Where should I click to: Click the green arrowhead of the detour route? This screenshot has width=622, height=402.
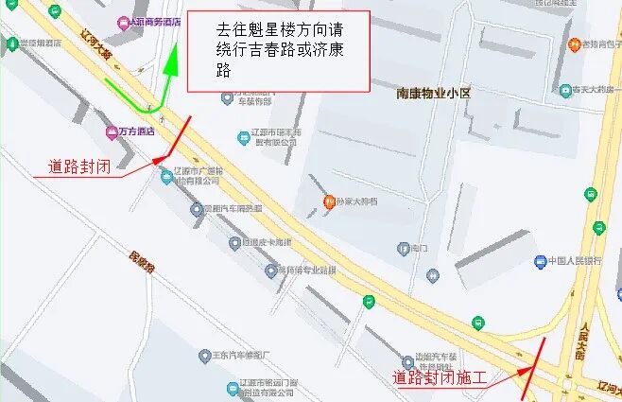[x=172, y=61]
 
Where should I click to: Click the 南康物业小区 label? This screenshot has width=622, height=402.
[x=433, y=93]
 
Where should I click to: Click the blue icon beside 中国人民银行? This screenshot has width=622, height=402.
[x=540, y=261]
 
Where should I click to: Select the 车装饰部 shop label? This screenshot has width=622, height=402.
[x=253, y=101]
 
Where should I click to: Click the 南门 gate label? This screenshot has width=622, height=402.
[x=418, y=249]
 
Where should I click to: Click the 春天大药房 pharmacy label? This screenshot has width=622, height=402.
[x=592, y=91]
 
